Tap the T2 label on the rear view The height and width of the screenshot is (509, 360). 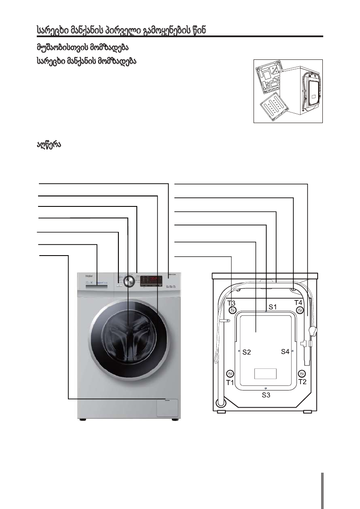[302, 382]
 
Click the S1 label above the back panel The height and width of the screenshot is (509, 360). [273, 307]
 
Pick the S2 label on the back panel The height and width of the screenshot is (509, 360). [247, 353]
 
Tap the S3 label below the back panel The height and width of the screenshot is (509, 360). [266, 395]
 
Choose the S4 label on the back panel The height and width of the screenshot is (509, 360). [285, 352]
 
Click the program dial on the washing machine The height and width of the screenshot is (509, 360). [129, 281]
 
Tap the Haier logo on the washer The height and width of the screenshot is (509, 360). [84, 276]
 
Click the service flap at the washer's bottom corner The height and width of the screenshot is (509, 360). [168, 407]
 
